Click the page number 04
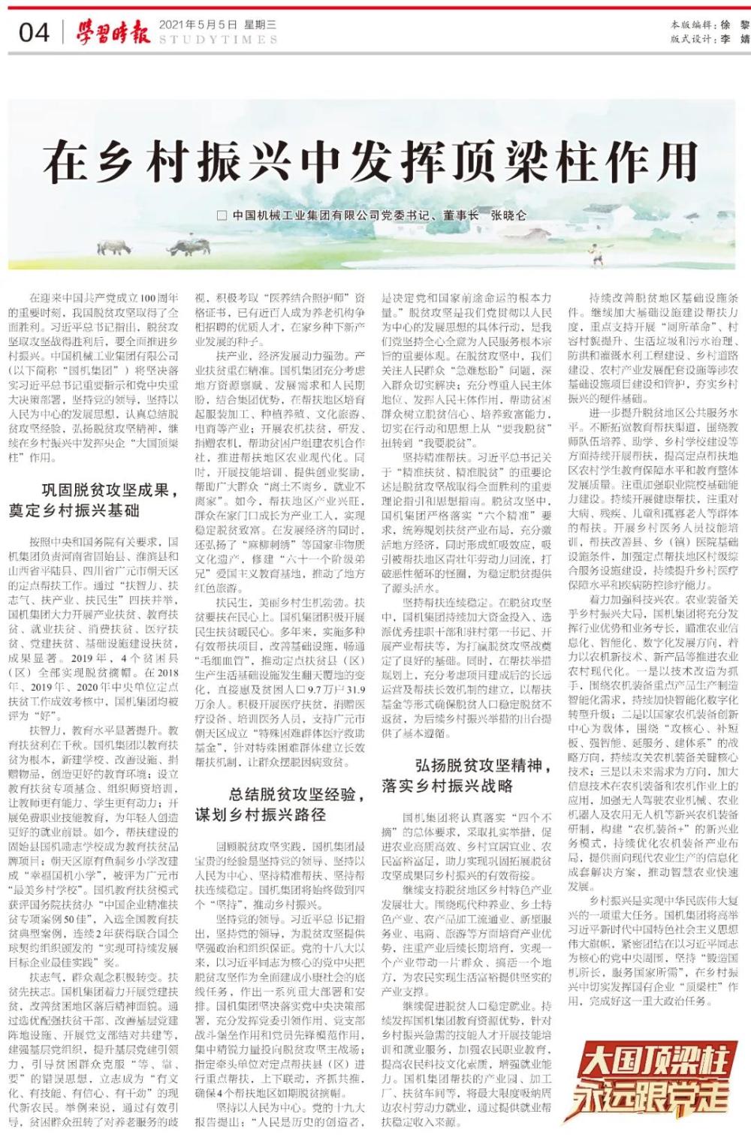coord(34,32)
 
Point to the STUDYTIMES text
coord(218,40)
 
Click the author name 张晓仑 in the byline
coord(508,215)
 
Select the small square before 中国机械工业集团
coord(222,215)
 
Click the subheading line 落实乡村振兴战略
coord(447,785)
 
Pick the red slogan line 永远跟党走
coord(652,1097)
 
